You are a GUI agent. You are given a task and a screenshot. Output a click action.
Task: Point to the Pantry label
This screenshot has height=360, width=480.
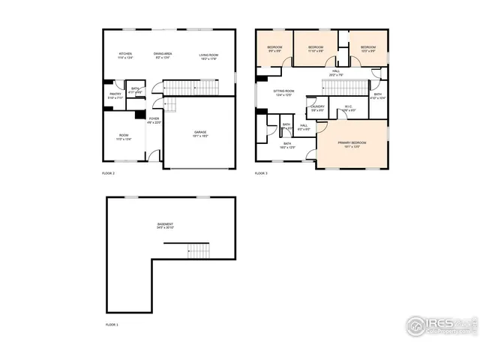tap(115, 95)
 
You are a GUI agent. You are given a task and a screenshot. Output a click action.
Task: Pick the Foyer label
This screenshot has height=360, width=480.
tap(154, 120)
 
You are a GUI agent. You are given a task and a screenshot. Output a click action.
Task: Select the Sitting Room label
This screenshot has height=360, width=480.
tap(283, 92)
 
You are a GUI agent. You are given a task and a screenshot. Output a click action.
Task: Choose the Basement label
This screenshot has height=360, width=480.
tap(165, 225)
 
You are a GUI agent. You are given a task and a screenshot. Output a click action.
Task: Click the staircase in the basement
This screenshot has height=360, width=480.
tap(196, 250)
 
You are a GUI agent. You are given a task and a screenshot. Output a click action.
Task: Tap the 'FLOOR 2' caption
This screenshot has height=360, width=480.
tap(108, 173)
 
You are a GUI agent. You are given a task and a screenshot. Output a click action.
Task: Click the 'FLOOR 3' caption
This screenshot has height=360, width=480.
tap(260, 173)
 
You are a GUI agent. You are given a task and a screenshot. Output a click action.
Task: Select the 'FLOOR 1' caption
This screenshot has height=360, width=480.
tap(111, 325)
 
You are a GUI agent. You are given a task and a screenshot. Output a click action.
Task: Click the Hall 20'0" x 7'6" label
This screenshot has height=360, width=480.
tap(335, 73)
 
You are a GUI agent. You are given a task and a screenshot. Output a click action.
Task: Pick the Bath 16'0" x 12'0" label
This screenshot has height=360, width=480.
tap(287, 145)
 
